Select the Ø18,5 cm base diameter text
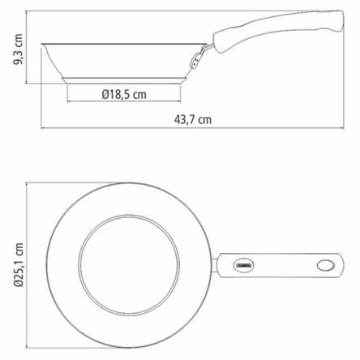point(124,95)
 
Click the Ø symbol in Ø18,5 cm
point(106,95)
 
